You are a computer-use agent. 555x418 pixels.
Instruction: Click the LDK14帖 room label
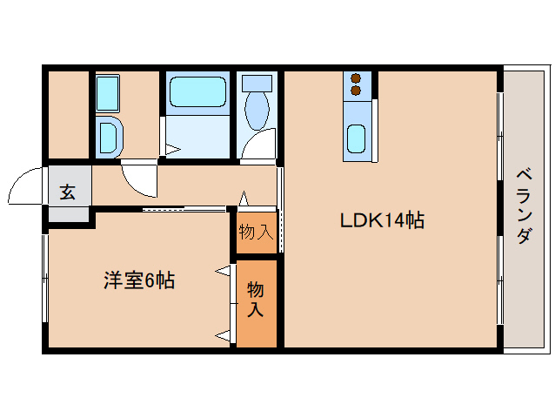pyautogui.click(x=382, y=220)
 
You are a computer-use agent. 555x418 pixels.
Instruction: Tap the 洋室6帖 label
pyautogui.click(x=139, y=280)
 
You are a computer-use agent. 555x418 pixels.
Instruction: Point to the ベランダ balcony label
pyautogui.click(x=524, y=206)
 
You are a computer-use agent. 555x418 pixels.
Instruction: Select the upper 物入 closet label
pyautogui.click(x=257, y=233)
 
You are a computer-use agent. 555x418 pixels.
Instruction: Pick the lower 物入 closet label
pyautogui.click(x=256, y=299)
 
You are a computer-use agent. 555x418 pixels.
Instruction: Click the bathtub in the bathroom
pyautogui.click(x=197, y=91)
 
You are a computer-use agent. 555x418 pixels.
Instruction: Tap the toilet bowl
pyautogui.click(x=257, y=111)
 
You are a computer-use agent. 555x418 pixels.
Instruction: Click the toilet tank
pyautogui.click(x=257, y=83)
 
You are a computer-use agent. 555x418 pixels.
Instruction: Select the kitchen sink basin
pyautogui.click(x=356, y=138)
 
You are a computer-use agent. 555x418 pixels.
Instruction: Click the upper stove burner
pyautogui.click(x=356, y=78)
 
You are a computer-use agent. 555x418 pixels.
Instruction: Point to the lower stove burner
pyautogui.click(x=356, y=91)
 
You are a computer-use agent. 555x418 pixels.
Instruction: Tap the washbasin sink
pyautogui.click(x=108, y=137)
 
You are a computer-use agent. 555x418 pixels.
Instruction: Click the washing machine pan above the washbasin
pyautogui.click(x=108, y=93)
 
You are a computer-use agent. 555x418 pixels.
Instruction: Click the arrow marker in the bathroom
pyautogui.click(x=173, y=149)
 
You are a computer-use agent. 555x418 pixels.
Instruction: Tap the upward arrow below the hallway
pyautogui.click(x=244, y=199)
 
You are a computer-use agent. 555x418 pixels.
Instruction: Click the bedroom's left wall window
pyautogui.click(x=45, y=279)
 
